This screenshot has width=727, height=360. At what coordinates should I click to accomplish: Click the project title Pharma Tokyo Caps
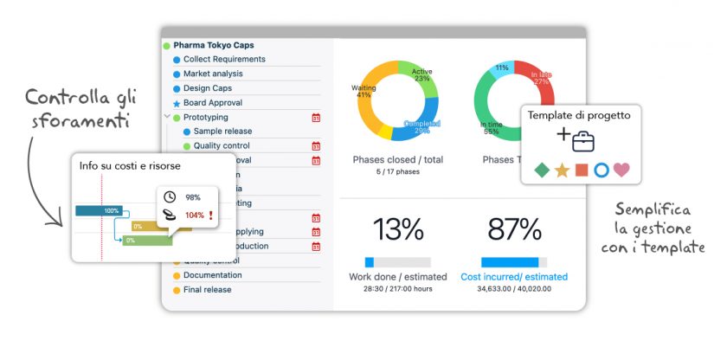pos(213,45)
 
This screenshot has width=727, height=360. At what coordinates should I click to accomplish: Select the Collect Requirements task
pos(224,60)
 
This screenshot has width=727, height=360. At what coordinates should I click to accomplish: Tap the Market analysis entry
pos(213,74)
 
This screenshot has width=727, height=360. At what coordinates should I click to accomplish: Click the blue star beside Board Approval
pos(177,103)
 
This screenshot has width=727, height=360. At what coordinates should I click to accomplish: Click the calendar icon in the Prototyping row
pos(316,117)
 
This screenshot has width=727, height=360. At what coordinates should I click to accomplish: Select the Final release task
pos(207,290)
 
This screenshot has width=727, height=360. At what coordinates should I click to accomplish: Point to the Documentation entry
pos(212,275)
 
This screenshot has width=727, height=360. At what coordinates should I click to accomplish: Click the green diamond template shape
pos(542,170)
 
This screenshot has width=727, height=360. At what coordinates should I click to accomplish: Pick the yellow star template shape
pos(562,170)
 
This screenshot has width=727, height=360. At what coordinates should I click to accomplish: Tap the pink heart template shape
pos(621,170)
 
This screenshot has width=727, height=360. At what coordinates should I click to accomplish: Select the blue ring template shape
pos(602,170)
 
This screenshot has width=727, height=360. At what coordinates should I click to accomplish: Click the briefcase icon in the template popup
pos(583,138)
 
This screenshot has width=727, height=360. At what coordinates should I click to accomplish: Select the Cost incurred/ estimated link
pos(514,277)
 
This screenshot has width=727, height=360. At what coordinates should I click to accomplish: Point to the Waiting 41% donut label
pos(363,91)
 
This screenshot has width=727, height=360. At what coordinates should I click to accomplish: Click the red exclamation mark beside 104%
pos(209,215)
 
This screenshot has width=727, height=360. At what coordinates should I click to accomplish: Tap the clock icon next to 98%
pos(170,197)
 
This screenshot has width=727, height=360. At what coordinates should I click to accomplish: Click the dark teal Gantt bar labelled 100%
pos(98,210)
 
